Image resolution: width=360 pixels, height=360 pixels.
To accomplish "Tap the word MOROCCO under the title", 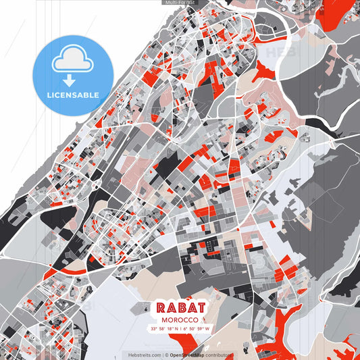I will coord(180,319).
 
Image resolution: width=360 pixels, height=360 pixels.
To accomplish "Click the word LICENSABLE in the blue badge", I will coord(72,95).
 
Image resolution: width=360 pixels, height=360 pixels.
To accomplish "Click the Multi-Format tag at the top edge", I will coord(179,3).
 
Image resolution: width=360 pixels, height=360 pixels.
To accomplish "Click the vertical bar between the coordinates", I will coord(180,329).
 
